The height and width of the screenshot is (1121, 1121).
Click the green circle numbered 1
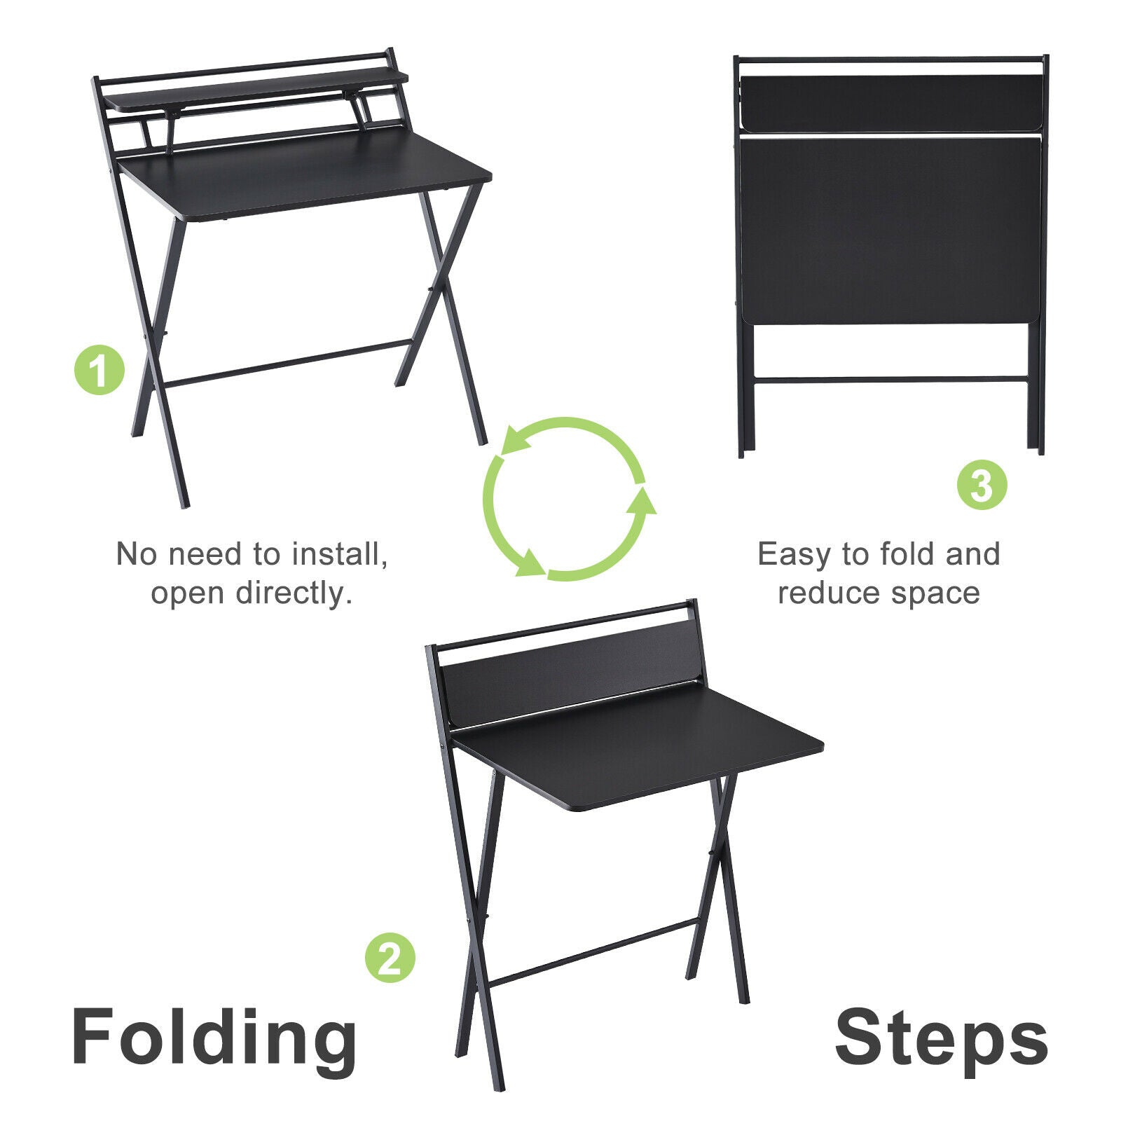point(99,369)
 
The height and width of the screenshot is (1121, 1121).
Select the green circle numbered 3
point(982,484)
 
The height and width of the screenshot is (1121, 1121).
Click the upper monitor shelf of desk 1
point(256,89)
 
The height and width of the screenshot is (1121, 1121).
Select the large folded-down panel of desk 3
point(890,231)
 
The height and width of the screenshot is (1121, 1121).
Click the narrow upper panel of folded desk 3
point(890,103)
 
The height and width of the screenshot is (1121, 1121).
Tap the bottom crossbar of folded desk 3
point(890,380)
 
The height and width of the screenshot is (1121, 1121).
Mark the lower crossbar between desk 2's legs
point(592,951)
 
